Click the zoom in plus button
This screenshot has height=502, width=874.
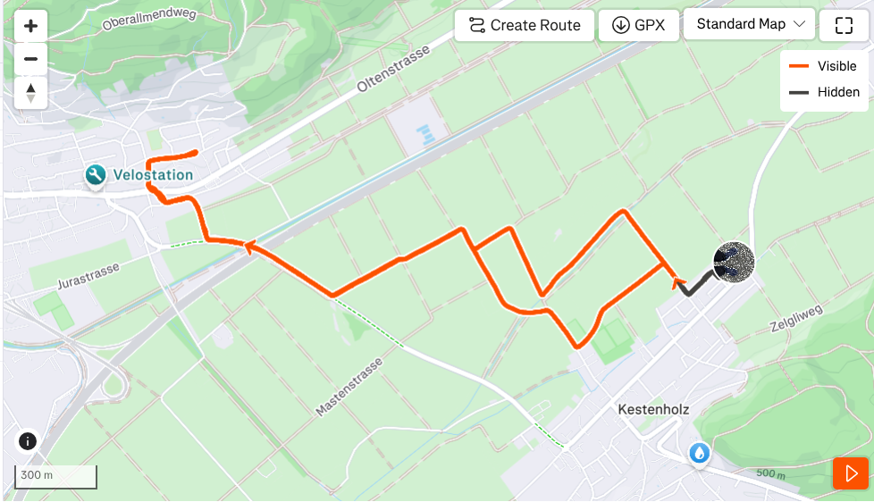pos(30,26)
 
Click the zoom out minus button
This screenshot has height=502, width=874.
pos(30,59)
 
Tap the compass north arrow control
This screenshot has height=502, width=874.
pos(30,91)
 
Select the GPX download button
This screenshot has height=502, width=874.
pos(638,25)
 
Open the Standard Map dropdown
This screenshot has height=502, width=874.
pos(749,24)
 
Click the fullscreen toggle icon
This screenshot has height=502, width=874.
pos(844,25)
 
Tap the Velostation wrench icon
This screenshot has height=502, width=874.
pos(96,175)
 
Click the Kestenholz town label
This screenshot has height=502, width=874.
pos(653,409)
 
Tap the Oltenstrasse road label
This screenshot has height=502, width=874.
pos(393,70)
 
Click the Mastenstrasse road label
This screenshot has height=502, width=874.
pos(349,387)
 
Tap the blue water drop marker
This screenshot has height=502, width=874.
pos(700,454)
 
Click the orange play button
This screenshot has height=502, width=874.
pos(850,473)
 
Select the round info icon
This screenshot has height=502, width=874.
pos(28,441)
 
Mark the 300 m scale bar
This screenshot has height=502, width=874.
pos(55,476)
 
